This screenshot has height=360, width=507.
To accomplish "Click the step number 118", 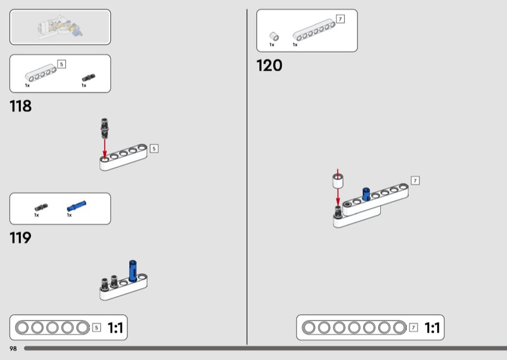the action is pyautogui.click(x=21, y=106).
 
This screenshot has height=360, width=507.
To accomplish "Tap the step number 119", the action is pyautogui.click(x=21, y=238).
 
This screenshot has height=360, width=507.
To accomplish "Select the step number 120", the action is pyautogui.click(x=269, y=65).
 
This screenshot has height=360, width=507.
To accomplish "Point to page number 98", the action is pyautogui.click(x=13, y=349).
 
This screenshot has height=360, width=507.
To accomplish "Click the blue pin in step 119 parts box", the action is pyautogui.click(x=77, y=206).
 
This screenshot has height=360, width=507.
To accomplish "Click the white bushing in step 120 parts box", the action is pyautogui.click(x=274, y=36).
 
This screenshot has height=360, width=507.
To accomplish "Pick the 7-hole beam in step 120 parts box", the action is pyautogui.click(x=314, y=30).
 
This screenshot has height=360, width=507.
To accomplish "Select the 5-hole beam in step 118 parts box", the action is pyautogui.click(x=41, y=73).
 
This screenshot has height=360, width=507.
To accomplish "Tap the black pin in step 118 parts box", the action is pyautogui.click(x=89, y=77).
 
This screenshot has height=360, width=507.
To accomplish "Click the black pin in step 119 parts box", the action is pyautogui.click(x=41, y=207).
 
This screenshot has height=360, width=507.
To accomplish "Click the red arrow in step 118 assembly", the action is pyautogui.click(x=105, y=149).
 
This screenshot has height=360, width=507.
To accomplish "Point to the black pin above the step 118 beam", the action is pyautogui.click(x=105, y=128).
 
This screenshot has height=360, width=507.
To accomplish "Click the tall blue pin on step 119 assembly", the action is pyautogui.click(x=133, y=271).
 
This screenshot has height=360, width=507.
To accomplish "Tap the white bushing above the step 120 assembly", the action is pyautogui.click(x=338, y=181).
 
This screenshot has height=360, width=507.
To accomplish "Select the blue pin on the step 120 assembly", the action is pyautogui.click(x=366, y=194).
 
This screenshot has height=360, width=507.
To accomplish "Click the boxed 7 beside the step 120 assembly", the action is pyautogui.click(x=415, y=181).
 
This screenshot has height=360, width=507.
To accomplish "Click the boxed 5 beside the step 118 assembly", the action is pyautogui.click(x=154, y=149).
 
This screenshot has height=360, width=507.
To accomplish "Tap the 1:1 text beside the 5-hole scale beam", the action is pyautogui.click(x=115, y=328).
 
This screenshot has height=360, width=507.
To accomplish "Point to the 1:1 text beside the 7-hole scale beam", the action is pyautogui.click(x=432, y=328).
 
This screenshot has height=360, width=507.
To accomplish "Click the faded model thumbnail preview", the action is pyautogui.click(x=60, y=27).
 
